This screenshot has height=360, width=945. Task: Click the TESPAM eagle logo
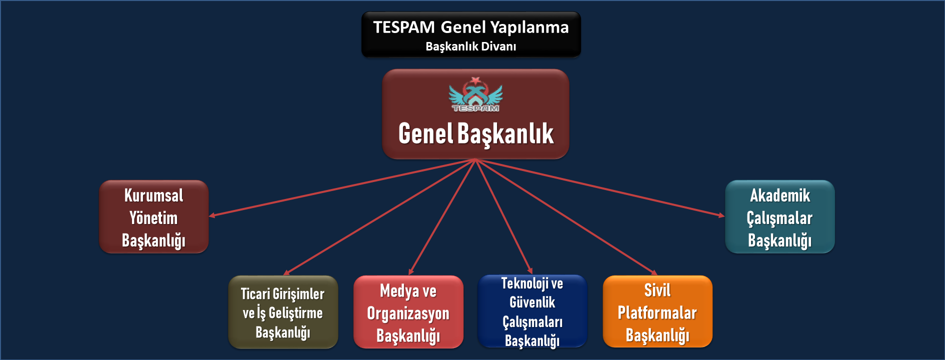475,94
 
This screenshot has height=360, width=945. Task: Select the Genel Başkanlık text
476,134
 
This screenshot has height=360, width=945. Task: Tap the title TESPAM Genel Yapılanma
471,27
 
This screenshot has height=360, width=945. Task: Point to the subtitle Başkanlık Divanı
471,46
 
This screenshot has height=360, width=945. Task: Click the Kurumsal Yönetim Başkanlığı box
154,216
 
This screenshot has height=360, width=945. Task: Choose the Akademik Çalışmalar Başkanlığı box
780,216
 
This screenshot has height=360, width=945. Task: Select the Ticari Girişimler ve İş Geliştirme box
283,312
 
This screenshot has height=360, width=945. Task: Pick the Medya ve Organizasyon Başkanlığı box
408,312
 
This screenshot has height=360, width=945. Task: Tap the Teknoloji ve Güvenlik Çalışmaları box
532,311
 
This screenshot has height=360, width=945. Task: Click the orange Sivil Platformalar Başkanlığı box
657,311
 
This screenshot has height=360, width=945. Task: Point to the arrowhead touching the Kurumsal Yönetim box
212,215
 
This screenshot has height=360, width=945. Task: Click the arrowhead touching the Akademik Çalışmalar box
721,215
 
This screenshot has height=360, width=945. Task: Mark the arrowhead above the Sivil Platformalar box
654,272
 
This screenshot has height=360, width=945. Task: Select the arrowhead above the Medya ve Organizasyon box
410,272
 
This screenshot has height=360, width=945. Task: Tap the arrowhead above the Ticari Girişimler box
286,272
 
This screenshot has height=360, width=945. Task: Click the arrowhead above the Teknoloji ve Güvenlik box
530,271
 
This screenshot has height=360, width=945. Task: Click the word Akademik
780,195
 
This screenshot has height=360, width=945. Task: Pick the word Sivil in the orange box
657,290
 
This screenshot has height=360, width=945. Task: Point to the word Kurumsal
154,195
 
